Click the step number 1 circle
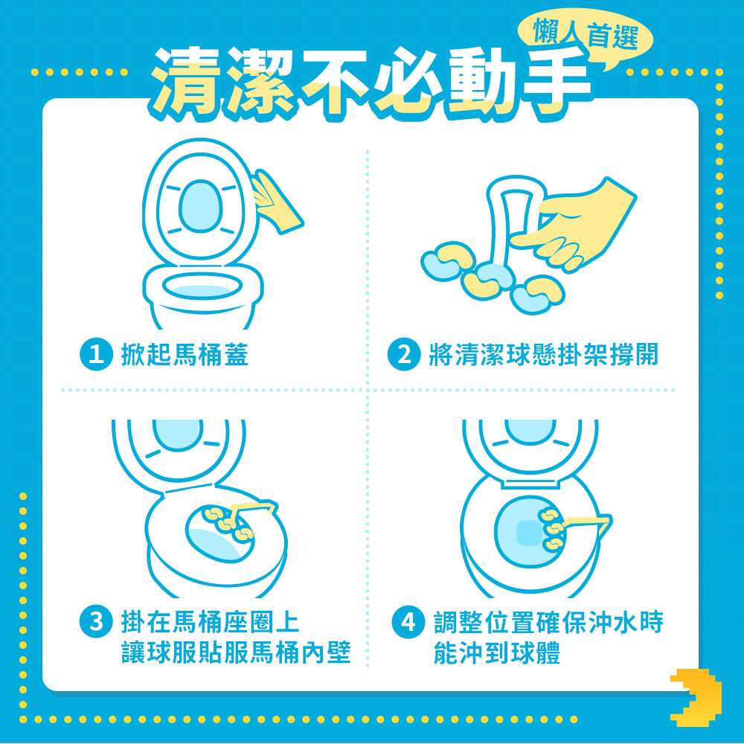(x=96, y=354)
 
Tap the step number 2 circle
(x=404, y=354)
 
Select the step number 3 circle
(x=96, y=621)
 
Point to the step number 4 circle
(x=408, y=621)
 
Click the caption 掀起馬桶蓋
(x=185, y=354)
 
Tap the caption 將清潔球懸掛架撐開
(x=543, y=354)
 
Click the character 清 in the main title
(x=185, y=82)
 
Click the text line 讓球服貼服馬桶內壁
(x=236, y=652)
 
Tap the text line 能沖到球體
(x=497, y=652)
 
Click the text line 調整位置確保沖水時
(x=548, y=622)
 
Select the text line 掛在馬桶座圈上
(x=211, y=622)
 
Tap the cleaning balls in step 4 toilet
(x=551, y=528)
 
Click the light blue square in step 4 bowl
(x=528, y=533)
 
